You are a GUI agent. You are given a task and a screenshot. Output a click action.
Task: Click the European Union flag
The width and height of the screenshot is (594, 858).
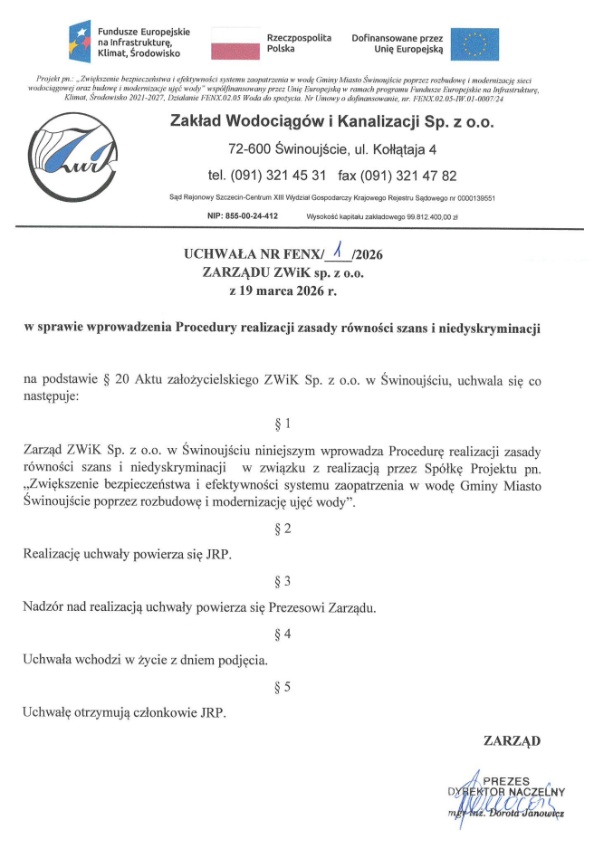click(474, 42)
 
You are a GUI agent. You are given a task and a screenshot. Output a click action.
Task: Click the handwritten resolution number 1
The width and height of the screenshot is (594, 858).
click(340, 252)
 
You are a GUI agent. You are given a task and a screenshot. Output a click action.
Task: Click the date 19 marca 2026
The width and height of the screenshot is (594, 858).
click(291, 291)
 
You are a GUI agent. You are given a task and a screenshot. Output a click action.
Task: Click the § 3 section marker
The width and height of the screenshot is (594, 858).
click(283, 580)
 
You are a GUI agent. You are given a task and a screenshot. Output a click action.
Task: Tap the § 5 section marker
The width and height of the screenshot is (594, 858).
click(283, 687)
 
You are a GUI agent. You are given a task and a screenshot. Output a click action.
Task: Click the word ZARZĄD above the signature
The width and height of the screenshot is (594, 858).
click(513, 740)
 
